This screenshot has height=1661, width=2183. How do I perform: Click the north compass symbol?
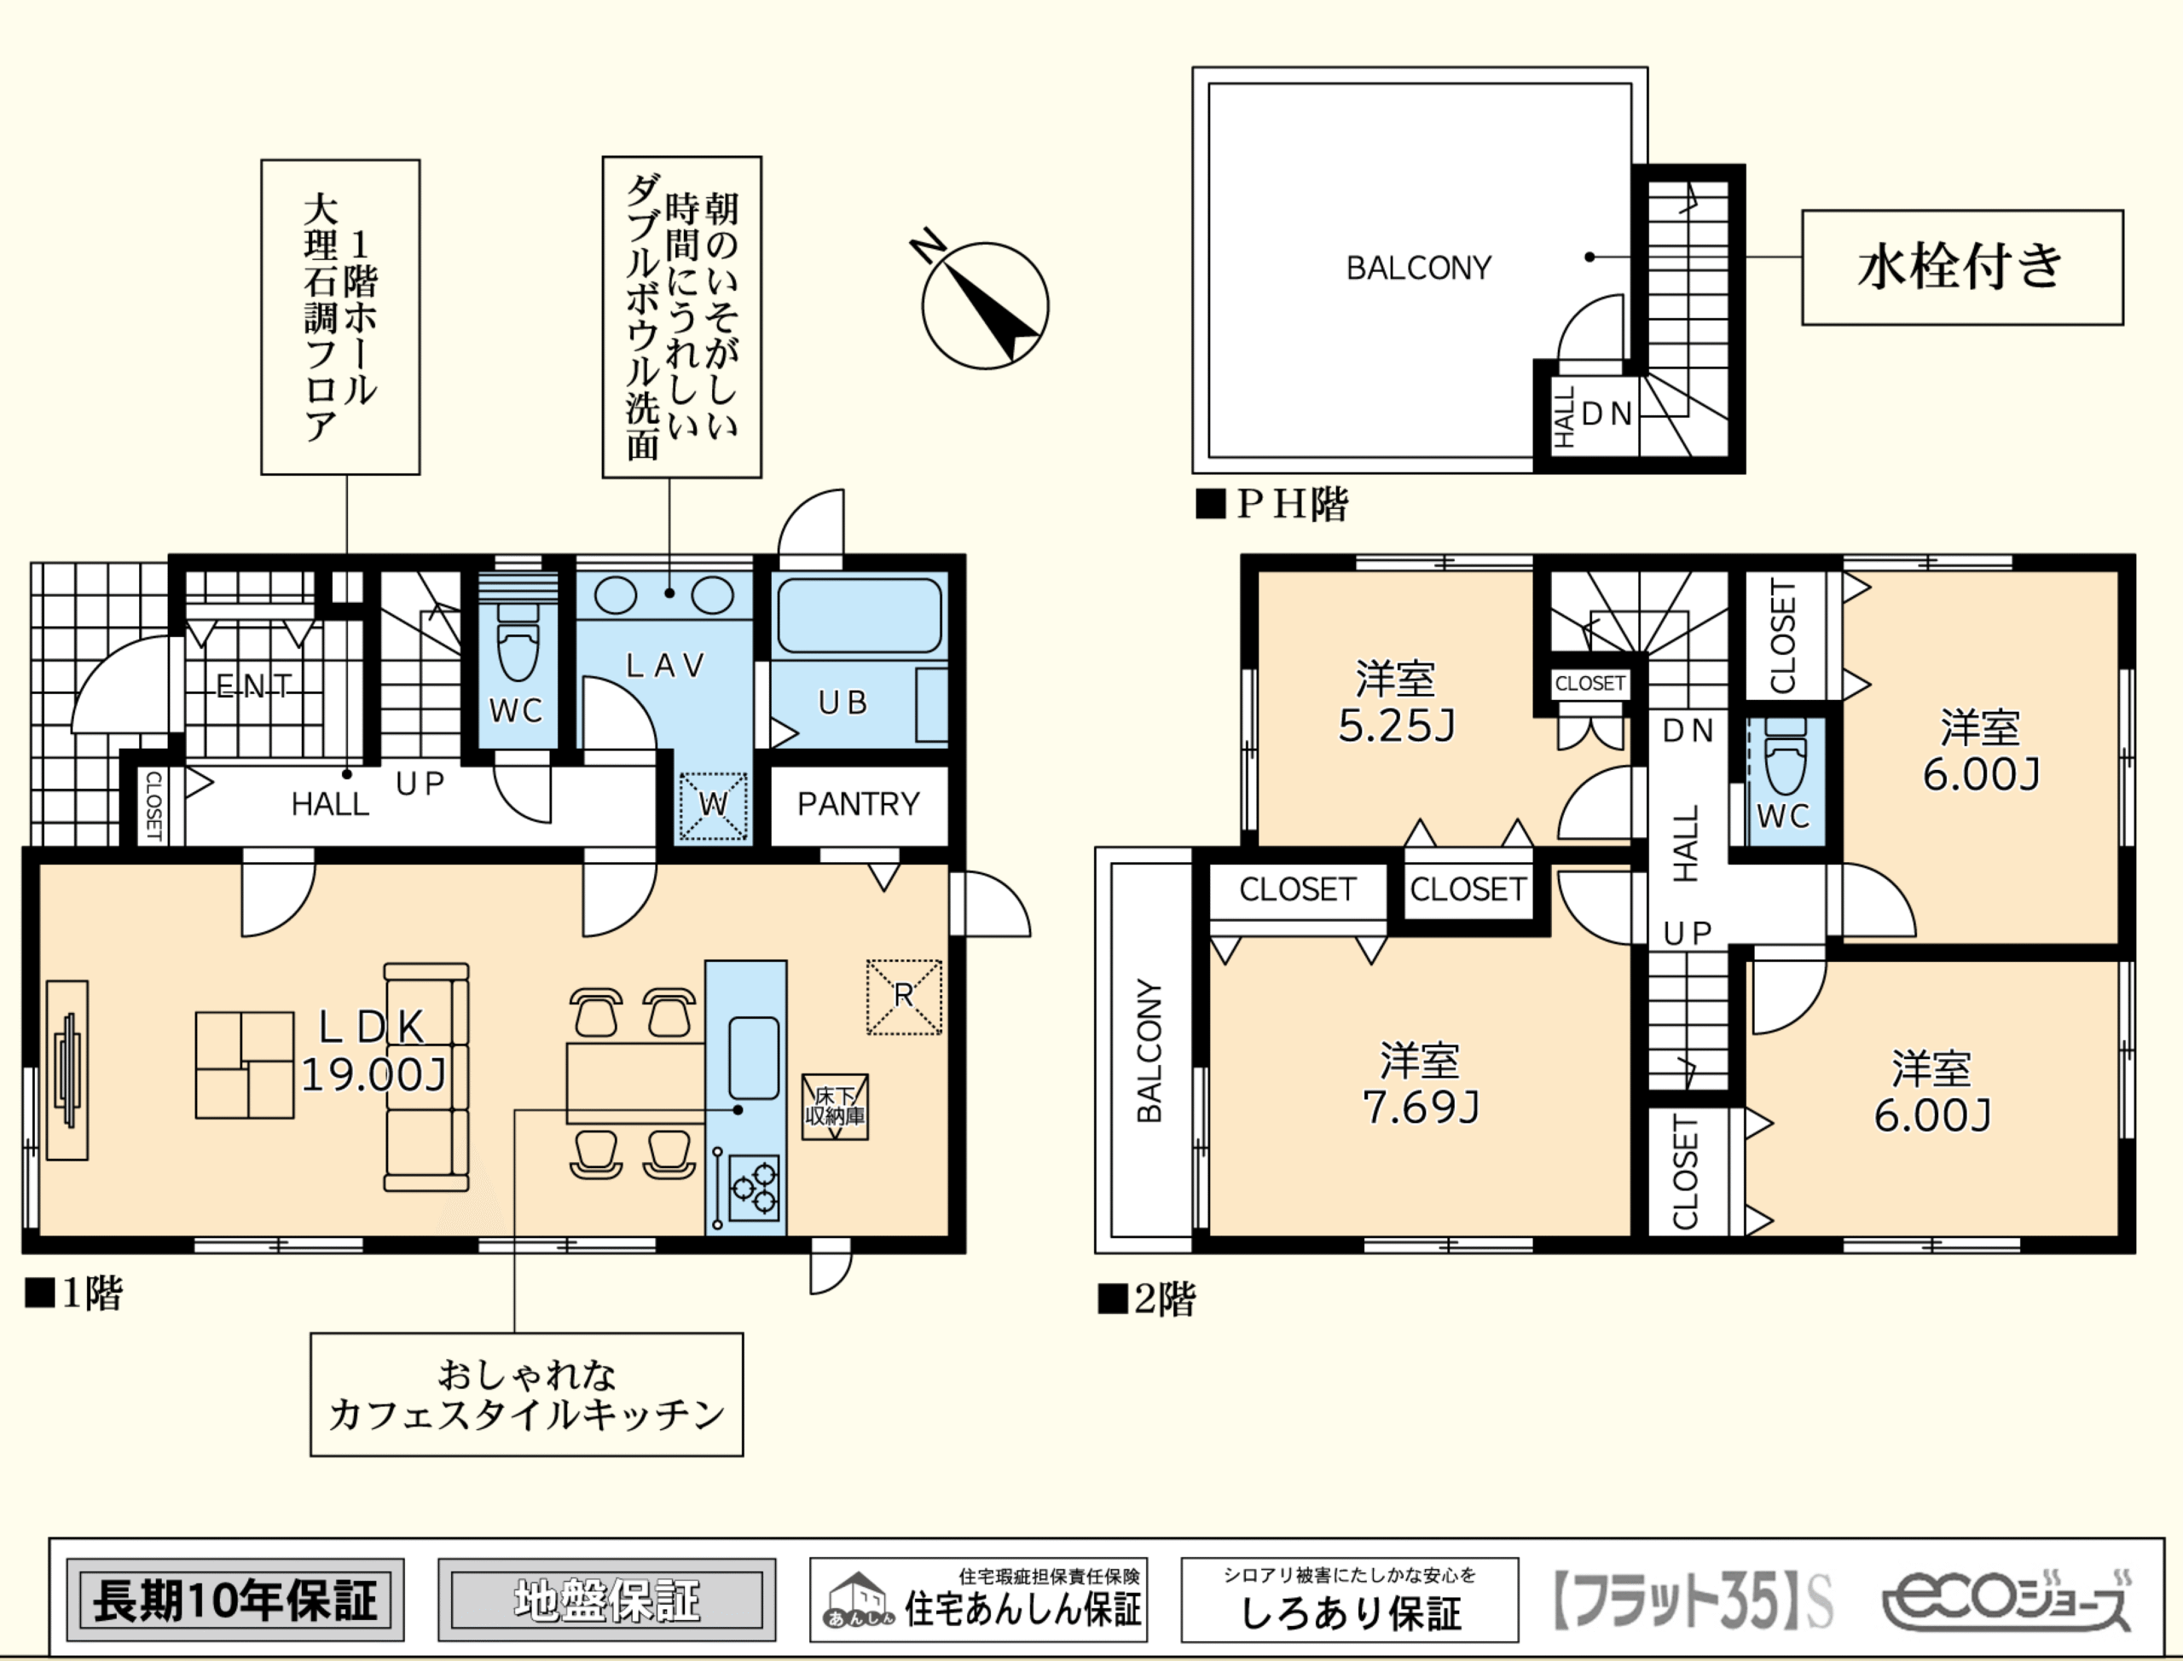[x=985, y=304]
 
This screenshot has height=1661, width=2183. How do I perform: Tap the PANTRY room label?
[x=858, y=804]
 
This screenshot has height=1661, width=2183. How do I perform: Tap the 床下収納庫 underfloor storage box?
[x=836, y=1108]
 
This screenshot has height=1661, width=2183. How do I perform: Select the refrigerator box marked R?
[x=905, y=997]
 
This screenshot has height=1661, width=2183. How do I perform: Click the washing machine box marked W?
[x=713, y=806]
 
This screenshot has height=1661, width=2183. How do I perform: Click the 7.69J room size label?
[x=1421, y=1108]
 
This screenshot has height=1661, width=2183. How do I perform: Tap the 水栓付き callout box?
[x=1962, y=267]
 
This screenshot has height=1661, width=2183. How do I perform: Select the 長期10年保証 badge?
[x=235, y=1600]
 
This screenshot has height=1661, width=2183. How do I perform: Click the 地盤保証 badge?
[x=606, y=1600]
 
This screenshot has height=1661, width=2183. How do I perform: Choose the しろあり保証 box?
[x=1350, y=1600]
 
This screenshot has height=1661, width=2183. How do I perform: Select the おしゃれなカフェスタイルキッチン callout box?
[x=527, y=1395]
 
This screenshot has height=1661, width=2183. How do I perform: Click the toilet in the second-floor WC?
[x=1785, y=755]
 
